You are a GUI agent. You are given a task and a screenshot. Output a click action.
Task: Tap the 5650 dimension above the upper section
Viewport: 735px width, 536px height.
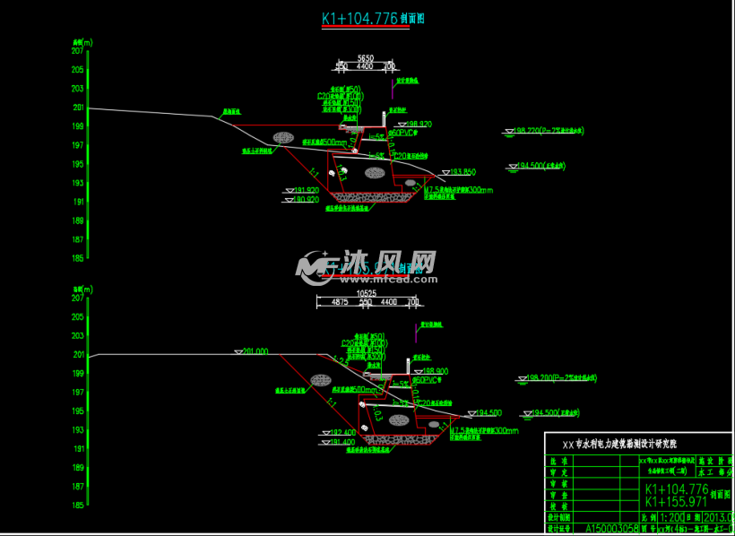click(x=365, y=56)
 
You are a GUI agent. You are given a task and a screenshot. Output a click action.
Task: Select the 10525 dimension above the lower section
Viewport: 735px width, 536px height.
click(x=365, y=292)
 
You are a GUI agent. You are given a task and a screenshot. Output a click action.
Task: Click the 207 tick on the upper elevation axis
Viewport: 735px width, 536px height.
click(x=78, y=51)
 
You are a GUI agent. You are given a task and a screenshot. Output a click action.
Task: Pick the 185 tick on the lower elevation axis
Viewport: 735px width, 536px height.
click(x=78, y=506)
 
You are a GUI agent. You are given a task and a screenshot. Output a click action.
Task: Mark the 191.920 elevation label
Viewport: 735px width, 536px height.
click(x=306, y=190)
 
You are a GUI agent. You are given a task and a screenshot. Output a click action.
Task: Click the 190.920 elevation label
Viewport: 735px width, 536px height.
click(x=306, y=200)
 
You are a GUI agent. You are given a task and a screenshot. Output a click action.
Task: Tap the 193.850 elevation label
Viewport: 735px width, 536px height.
click(x=462, y=171)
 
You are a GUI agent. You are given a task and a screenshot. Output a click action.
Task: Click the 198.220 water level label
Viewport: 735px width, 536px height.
click(x=527, y=131)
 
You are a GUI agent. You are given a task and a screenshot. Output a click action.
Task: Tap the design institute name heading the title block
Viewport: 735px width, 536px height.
click(x=618, y=444)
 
